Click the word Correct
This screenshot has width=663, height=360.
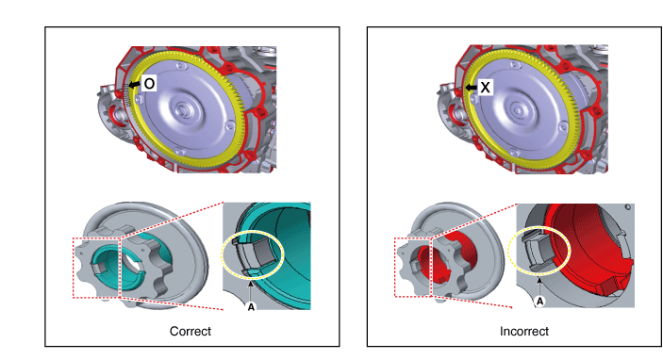point(191,331)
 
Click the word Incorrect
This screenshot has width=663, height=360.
point(523,331)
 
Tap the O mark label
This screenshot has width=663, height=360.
point(149,84)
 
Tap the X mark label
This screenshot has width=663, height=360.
point(485,87)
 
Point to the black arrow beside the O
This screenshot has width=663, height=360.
point(135,85)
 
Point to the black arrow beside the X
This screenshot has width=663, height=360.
point(471,88)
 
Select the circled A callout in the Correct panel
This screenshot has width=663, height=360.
point(251,307)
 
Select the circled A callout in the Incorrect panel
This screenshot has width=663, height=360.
point(539,302)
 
